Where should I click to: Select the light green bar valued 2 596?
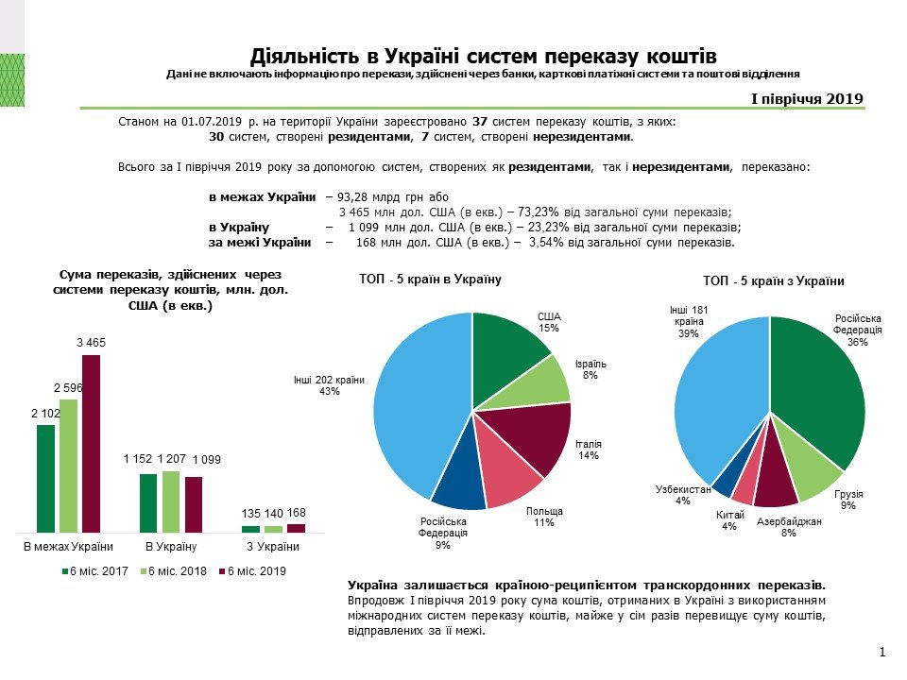(68, 466)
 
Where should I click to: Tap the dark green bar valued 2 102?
(46, 479)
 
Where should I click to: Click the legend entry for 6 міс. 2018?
(176, 571)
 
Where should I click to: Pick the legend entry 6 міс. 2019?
(252, 571)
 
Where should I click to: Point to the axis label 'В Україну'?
(170, 547)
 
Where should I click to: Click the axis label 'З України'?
(273, 547)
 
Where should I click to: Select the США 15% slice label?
(549, 321)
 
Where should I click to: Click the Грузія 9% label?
(849, 500)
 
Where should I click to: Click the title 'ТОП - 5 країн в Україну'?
(430, 280)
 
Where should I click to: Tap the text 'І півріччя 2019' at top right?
(807, 98)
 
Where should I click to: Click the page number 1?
(881, 653)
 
